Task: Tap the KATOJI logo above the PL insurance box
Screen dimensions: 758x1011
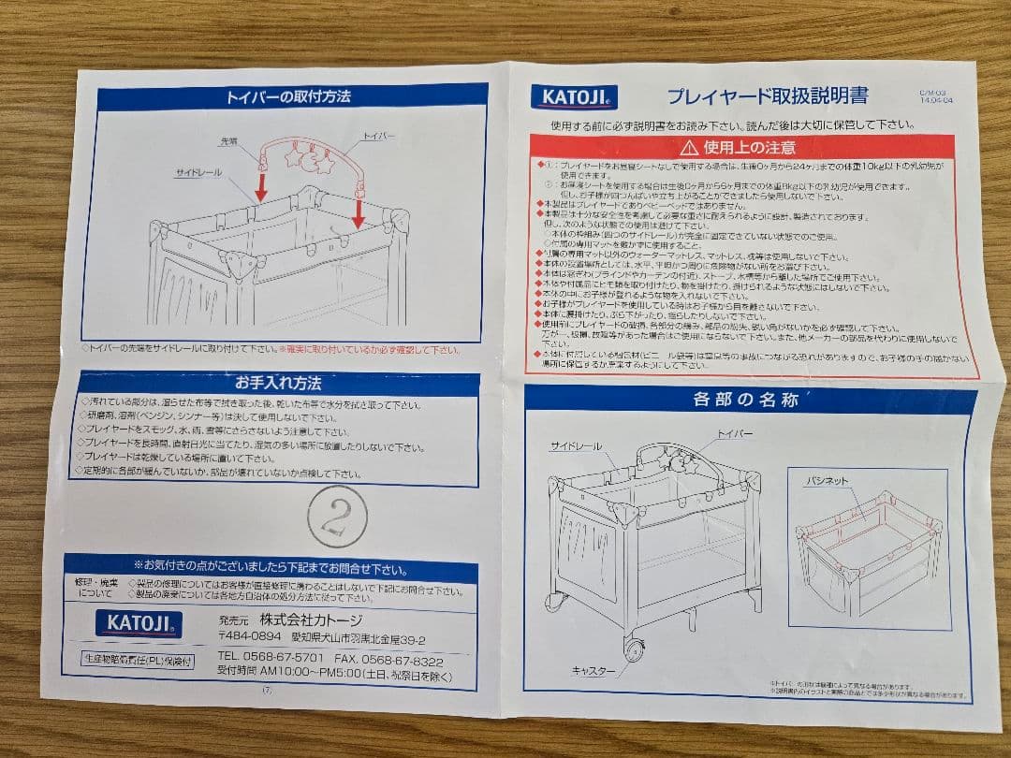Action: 138,623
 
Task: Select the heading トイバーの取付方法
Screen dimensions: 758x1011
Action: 288,95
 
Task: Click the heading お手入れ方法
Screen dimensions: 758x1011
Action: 278,383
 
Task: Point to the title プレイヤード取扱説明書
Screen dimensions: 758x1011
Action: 767,95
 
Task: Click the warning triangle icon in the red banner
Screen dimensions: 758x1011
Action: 689,146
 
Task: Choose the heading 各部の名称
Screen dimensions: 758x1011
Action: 745,401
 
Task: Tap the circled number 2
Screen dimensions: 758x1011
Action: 336,517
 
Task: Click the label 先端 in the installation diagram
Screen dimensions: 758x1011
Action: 228,141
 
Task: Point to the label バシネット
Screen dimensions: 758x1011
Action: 828,480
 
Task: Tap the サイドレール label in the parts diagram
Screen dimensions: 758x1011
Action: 574,445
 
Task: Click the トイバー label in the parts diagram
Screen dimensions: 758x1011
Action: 736,433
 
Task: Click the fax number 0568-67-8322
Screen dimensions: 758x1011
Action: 394,659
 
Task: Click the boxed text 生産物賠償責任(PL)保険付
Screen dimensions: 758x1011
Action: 138,660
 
